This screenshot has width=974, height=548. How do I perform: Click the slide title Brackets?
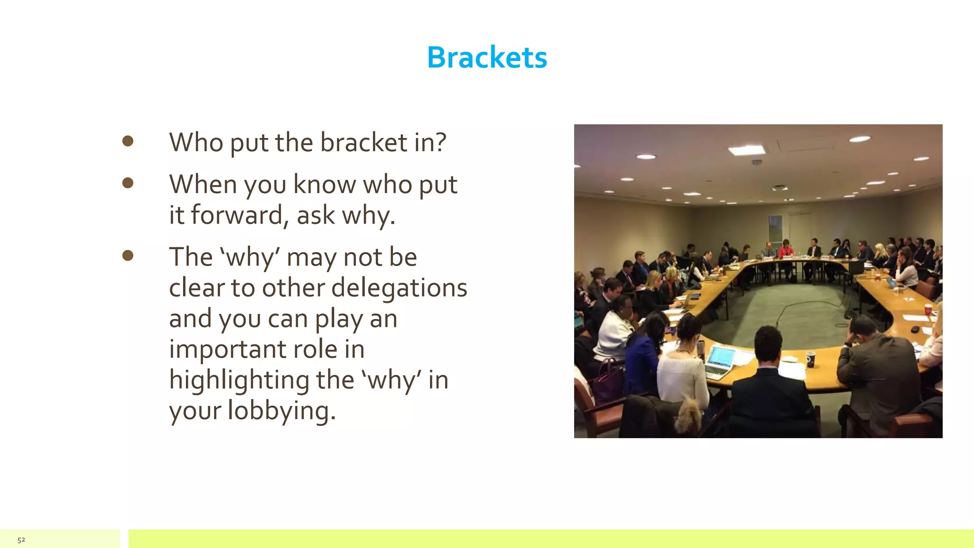click(487, 58)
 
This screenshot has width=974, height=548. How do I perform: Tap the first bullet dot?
click(127, 141)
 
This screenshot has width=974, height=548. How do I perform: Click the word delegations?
click(399, 288)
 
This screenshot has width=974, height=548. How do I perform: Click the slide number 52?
click(21, 540)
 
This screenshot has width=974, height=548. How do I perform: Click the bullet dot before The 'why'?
click(127, 255)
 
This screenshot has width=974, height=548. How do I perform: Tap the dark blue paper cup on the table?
click(810, 359)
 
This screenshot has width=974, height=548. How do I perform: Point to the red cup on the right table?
click(928, 310)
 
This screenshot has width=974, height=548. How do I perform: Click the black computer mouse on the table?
click(915, 329)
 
